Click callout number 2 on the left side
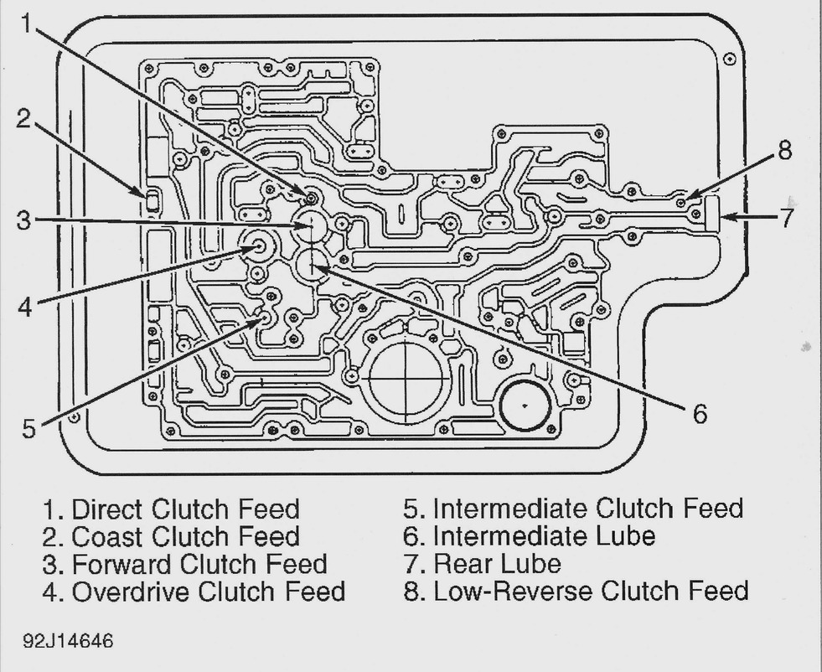point(23,120)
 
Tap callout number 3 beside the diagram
point(24,221)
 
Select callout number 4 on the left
point(25,307)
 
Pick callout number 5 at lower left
point(29,428)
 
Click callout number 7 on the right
point(786,218)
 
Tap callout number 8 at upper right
point(783,151)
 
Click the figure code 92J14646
point(70,641)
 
